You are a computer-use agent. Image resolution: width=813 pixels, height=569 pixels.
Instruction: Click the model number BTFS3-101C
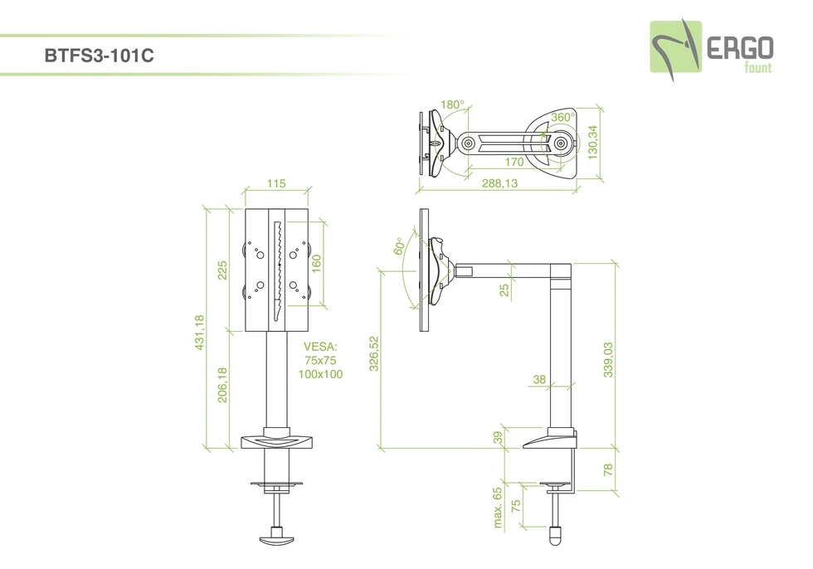99,56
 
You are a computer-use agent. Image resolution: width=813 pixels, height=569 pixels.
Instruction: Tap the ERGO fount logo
712,51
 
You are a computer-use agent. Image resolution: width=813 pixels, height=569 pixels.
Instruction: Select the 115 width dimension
276,183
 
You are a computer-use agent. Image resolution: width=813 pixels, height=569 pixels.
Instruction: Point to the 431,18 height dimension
200,333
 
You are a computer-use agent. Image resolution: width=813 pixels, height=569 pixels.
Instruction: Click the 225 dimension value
222,270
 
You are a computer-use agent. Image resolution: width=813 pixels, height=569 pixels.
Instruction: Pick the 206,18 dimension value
222,385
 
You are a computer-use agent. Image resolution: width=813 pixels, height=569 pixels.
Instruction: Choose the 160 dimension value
316,264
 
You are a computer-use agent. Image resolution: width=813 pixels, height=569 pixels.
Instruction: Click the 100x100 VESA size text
320,374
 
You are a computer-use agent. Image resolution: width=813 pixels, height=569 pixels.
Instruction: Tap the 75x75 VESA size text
320,360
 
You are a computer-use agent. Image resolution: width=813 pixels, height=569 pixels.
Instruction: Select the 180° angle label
453,105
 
